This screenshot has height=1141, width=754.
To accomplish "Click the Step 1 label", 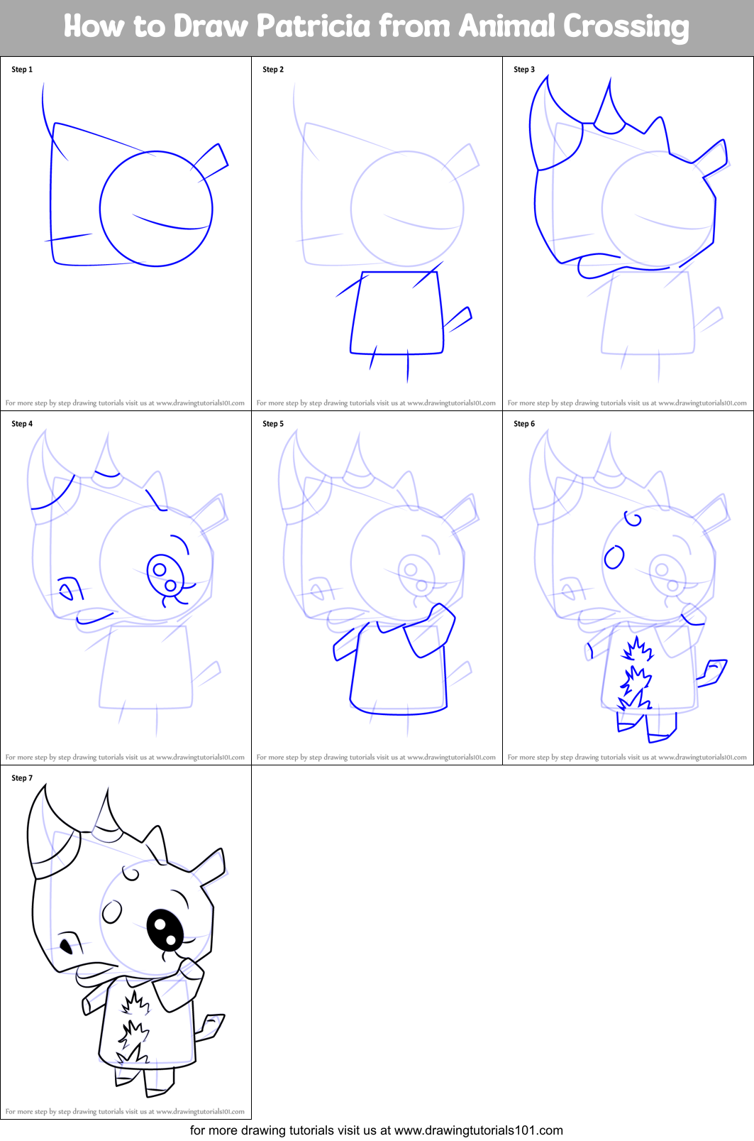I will [22, 70].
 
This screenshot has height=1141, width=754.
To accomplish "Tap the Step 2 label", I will [273, 70].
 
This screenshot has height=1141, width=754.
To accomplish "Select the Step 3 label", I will [524, 70].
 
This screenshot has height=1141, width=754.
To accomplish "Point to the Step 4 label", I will [22, 424].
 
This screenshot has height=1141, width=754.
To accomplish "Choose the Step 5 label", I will [273, 424].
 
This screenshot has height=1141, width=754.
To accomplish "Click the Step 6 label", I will [524, 424].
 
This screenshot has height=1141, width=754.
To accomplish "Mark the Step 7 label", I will [22, 778].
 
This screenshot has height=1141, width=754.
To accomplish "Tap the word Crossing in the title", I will [626, 27].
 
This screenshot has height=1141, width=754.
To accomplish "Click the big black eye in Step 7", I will [165, 930].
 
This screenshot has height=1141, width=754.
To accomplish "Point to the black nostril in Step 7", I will [66, 946].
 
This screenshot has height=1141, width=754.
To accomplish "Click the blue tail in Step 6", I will [712, 672].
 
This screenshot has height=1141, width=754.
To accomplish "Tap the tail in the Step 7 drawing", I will [211, 1026].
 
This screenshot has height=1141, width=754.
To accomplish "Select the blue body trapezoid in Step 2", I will [397, 312].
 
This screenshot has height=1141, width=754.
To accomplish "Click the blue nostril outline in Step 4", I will [70, 589].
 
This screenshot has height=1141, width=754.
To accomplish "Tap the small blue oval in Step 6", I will [614, 557].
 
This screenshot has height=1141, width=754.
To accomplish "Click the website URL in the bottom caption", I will [478, 1130].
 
